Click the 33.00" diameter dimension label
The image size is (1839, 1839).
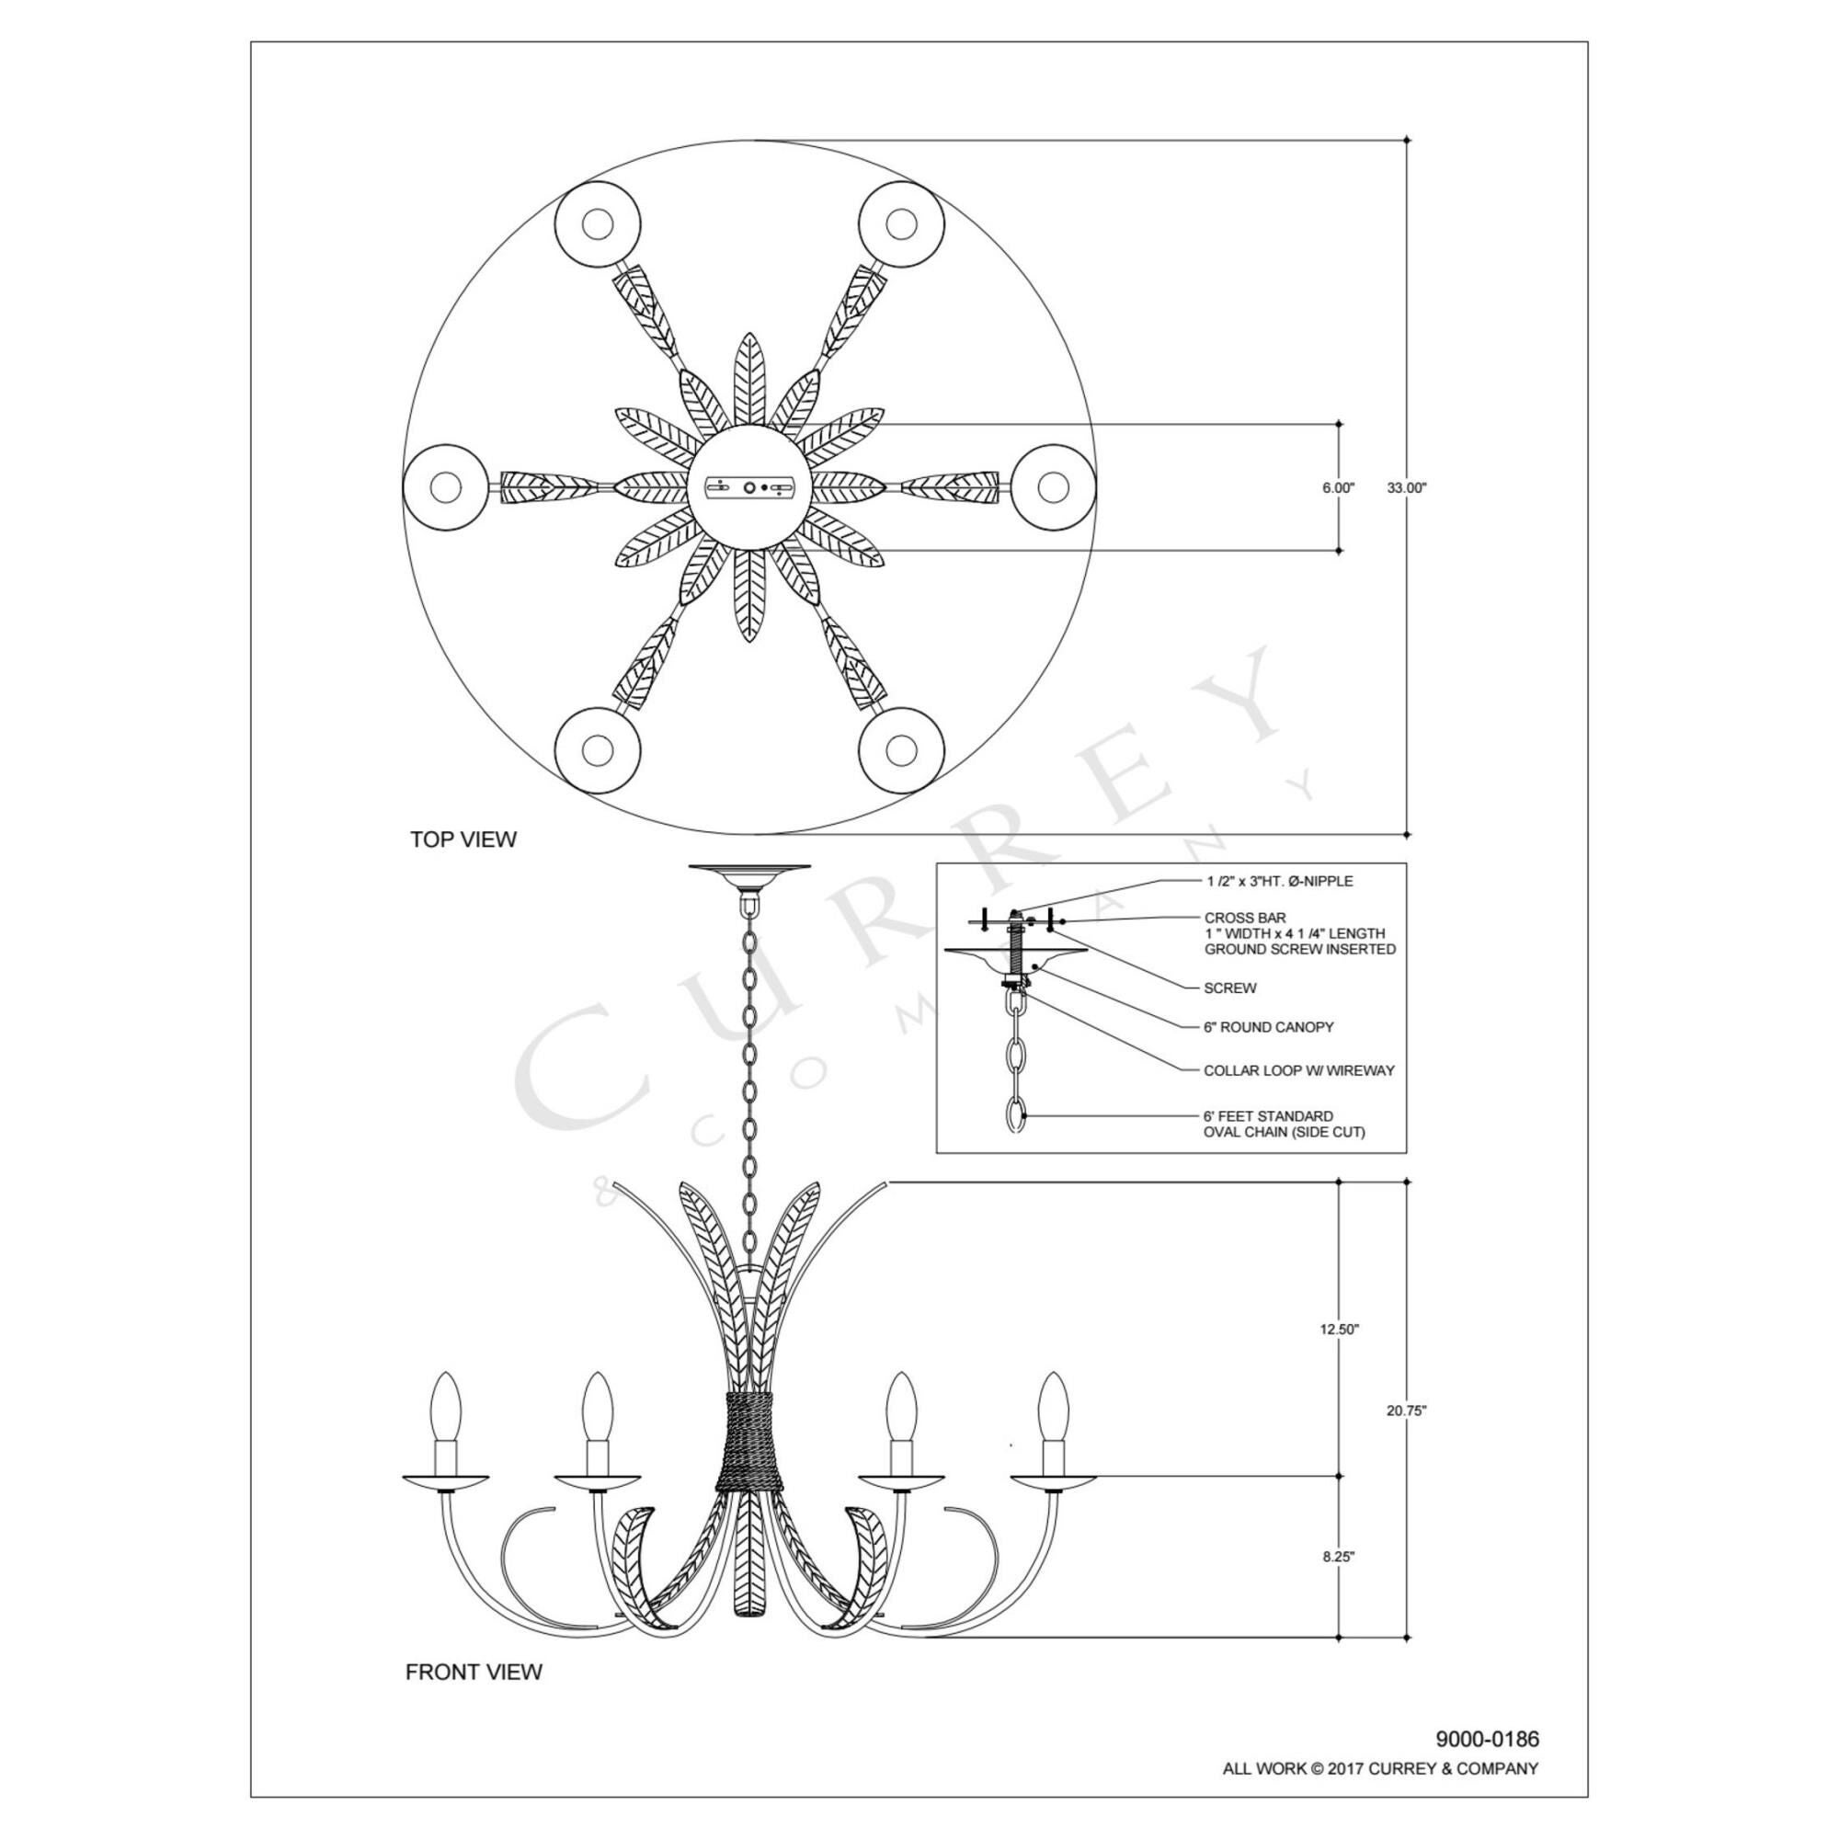click(1407, 487)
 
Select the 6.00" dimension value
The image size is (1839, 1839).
click(1338, 487)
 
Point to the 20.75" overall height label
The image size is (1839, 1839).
click(1407, 1437)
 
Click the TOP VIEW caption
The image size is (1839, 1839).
click(463, 840)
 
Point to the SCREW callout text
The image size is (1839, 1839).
click(1229, 988)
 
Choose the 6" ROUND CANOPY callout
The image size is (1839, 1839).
click(1269, 1027)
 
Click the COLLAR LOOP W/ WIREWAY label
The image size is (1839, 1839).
click(1299, 1071)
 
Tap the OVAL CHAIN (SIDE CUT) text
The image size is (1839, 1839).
click(1284, 1132)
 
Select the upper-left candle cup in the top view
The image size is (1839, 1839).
click(598, 224)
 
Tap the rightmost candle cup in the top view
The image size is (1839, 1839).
click(1053, 487)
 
